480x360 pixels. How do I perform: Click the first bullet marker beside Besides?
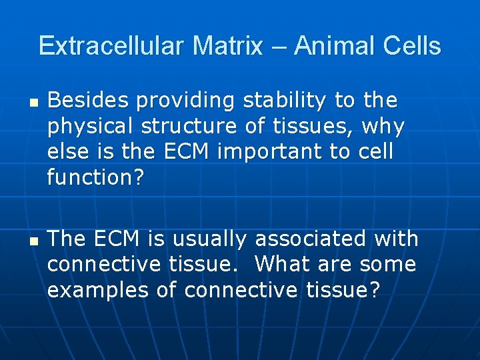33,104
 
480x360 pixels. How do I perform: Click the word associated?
312,239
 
